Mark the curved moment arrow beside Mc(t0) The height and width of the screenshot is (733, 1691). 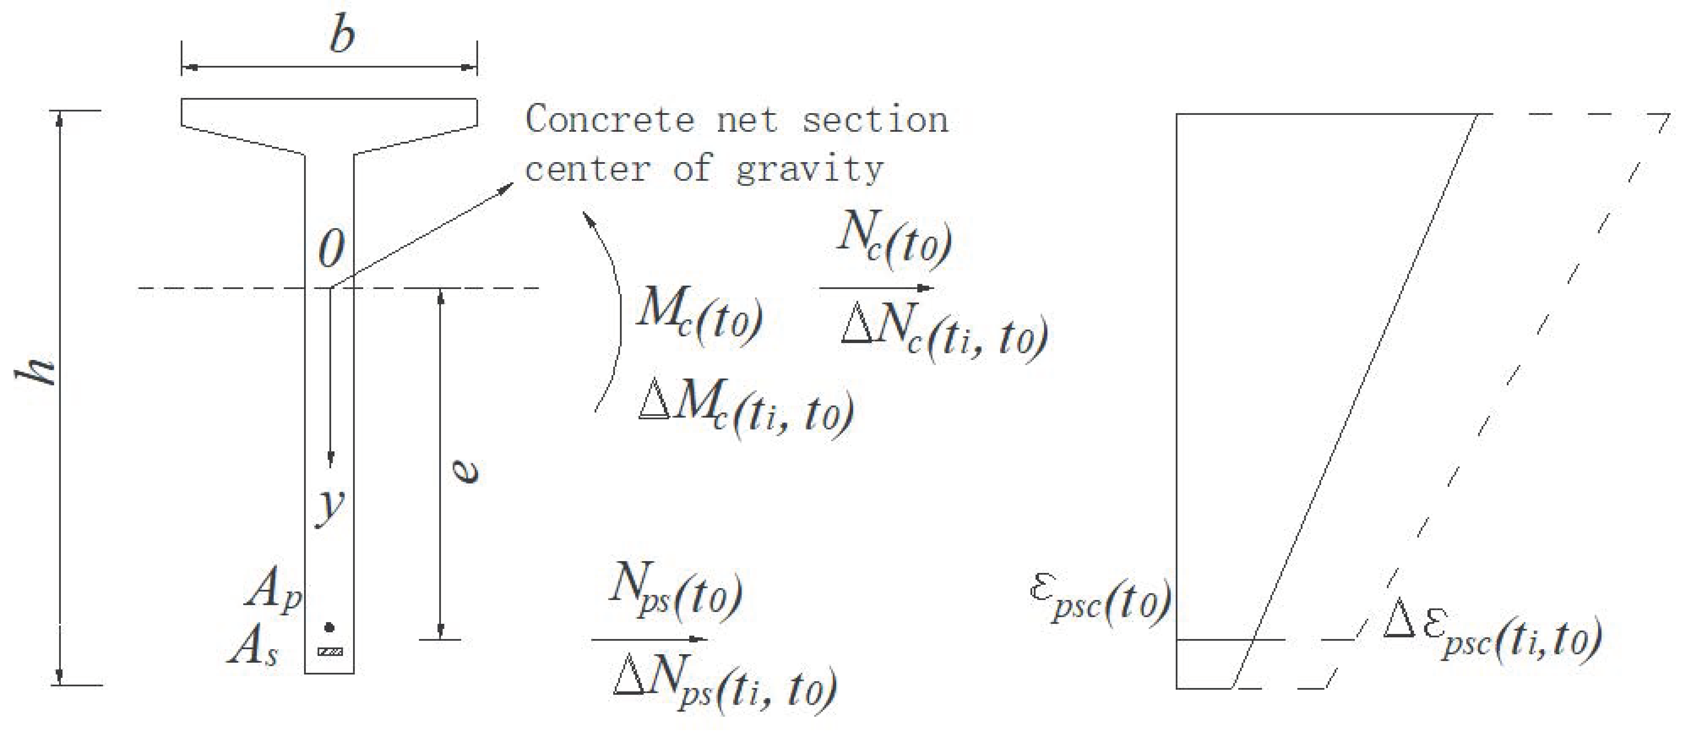(x=611, y=315)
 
